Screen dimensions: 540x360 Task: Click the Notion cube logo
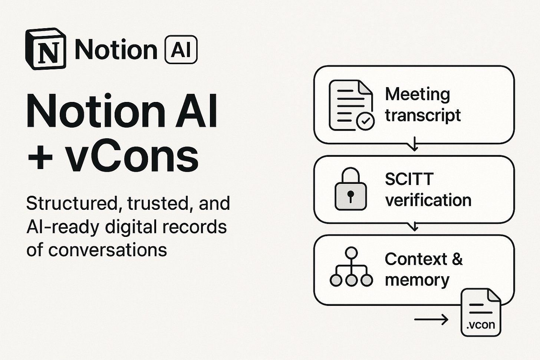(46, 49)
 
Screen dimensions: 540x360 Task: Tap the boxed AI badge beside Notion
(181, 50)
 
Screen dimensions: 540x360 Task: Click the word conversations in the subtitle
(108, 250)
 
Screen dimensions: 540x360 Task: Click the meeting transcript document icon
(350, 105)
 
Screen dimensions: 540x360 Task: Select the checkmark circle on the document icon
(365, 121)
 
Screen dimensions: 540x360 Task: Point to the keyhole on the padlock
(350, 195)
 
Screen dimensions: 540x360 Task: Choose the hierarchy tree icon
(351, 268)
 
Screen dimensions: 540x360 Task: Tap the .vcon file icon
(480, 313)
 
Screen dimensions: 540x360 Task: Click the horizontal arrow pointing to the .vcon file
(431, 319)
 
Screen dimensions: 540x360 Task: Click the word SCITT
(409, 180)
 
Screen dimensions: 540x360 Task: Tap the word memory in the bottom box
(417, 280)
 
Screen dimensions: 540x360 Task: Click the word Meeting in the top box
(417, 94)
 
